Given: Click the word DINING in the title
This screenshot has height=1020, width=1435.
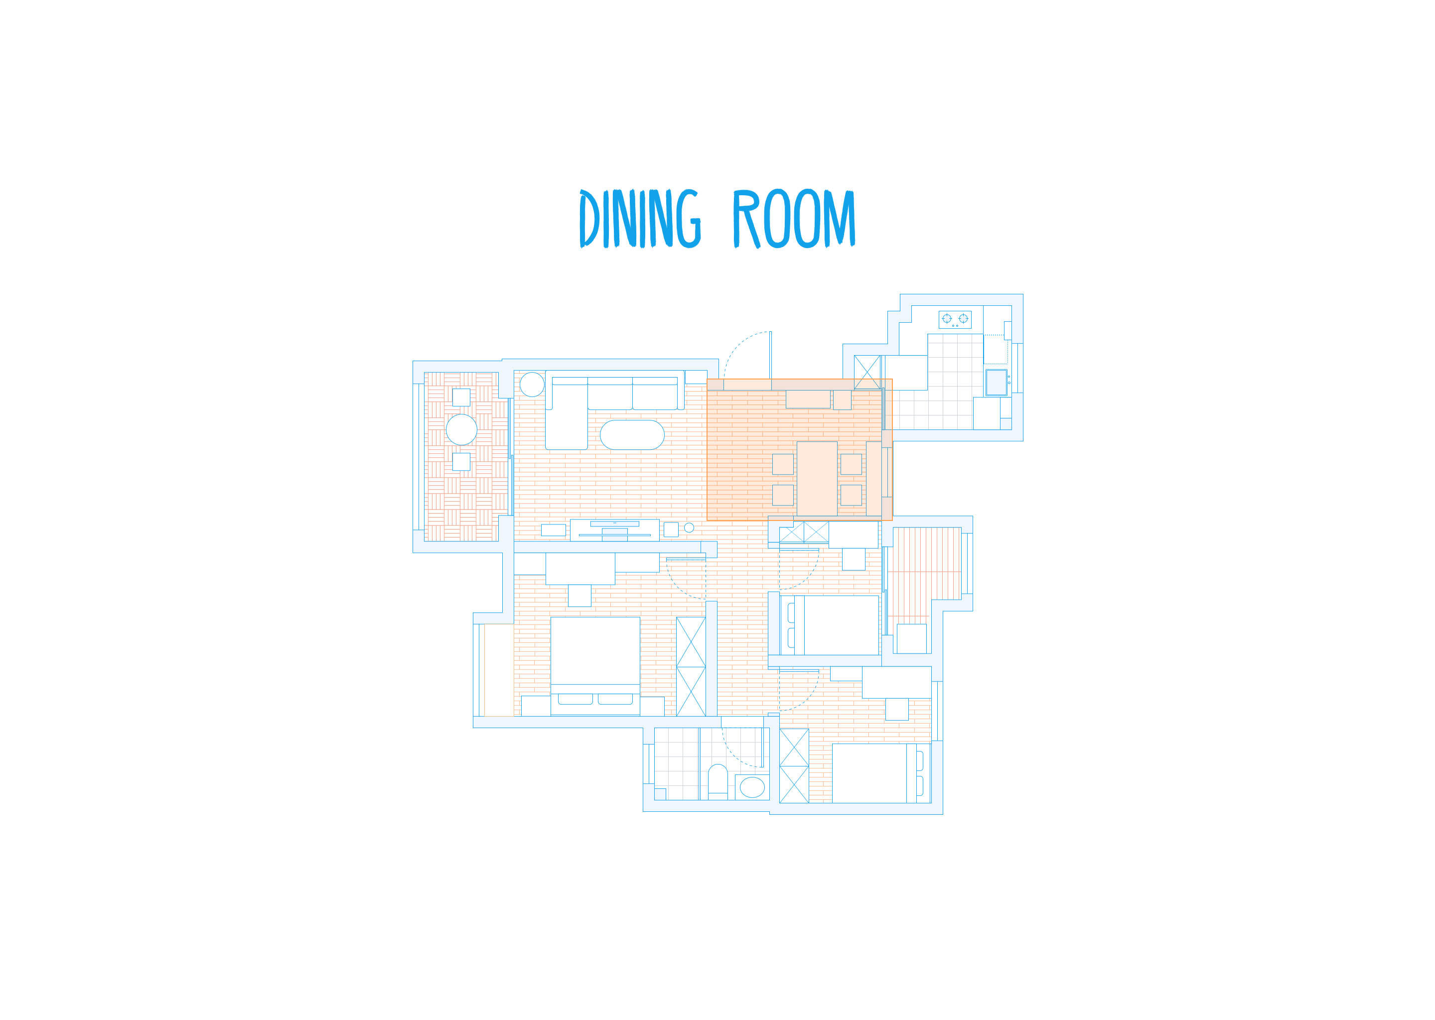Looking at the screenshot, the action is (x=640, y=218).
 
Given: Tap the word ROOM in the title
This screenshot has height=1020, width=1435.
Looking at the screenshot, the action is (x=794, y=218).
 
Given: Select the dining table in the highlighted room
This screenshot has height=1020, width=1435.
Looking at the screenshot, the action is (x=817, y=479).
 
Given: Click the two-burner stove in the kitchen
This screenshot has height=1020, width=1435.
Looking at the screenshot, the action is (x=955, y=320).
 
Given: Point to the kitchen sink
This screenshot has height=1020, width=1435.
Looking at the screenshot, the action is (x=997, y=382).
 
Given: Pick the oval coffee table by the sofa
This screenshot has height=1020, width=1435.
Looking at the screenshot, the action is (x=632, y=435).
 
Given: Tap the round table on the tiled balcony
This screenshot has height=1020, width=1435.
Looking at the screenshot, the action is (x=461, y=430).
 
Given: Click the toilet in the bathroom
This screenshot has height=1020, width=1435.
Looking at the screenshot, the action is (x=718, y=782).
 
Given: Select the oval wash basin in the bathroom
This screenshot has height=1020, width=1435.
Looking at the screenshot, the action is (x=752, y=787).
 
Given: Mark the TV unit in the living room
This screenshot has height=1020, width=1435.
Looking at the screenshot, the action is (x=614, y=530).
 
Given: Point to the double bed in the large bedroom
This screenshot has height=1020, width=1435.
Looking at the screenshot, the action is (x=595, y=666).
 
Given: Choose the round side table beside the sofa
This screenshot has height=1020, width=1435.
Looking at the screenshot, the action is (x=532, y=384).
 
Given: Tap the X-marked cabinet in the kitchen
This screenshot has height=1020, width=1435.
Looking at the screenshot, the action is (x=867, y=373).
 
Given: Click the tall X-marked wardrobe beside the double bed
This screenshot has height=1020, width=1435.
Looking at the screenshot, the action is (x=691, y=666).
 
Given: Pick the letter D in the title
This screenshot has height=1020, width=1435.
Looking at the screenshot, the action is (x=589, y=219).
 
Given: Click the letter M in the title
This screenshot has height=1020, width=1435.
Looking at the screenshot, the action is (x=840, y=219).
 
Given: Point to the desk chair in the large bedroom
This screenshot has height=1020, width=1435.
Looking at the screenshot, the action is (x=579, y=596).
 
